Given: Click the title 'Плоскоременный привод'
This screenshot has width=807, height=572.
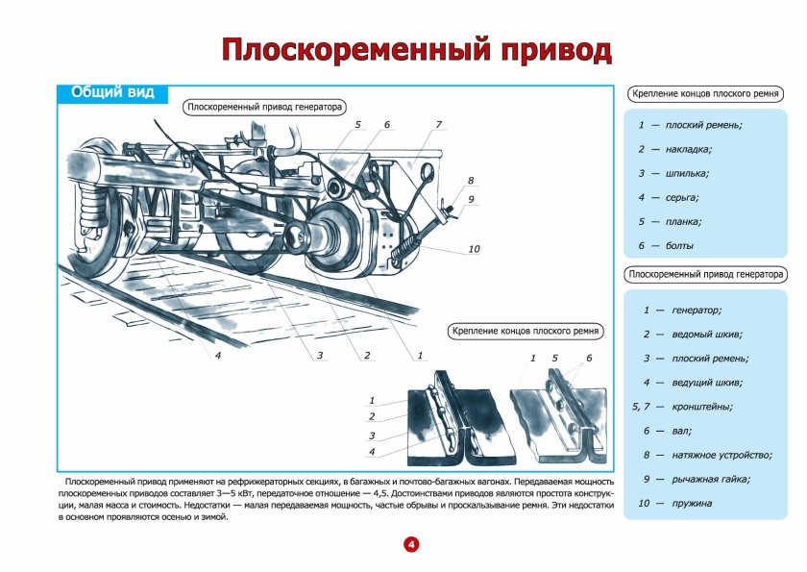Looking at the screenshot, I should click(416, 50).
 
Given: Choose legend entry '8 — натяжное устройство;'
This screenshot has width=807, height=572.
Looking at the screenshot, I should click(708, 455).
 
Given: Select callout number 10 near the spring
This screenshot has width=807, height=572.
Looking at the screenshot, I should click(474, 249).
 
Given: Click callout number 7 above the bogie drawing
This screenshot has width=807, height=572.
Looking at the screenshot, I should click(438, 125).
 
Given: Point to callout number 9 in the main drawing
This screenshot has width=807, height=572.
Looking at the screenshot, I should click(471, 199).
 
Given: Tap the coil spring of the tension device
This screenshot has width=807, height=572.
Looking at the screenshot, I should click(409, 244).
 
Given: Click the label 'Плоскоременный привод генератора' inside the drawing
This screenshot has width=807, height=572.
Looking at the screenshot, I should click(265, 108).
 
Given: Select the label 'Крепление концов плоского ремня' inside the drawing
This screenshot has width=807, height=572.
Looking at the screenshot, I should click(526, 332).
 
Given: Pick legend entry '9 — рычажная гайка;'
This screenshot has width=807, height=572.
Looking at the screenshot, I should click(697, 479).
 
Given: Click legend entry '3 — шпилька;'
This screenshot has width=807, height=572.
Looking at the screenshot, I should click(673, 173).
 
